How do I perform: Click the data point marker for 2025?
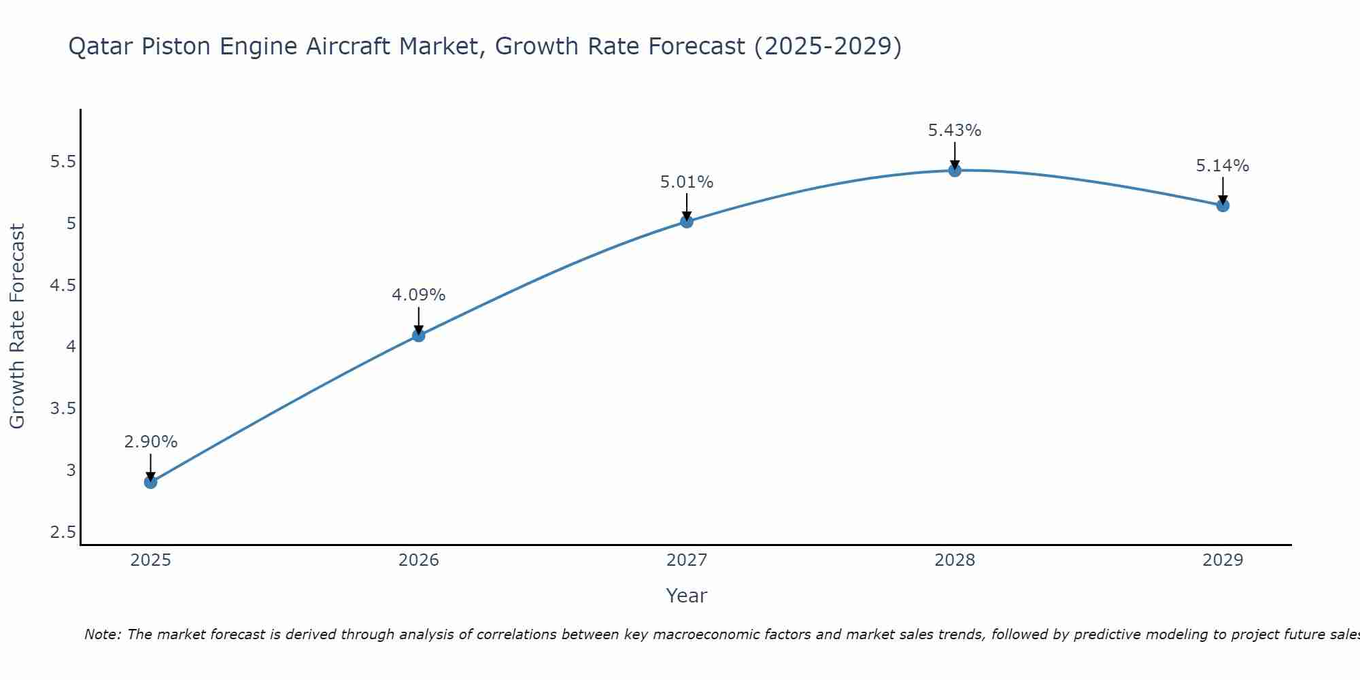[x=150, y=482]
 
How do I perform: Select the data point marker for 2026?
[x=418, y=335]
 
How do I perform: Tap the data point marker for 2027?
[x=686, y=221]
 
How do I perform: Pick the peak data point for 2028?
[x=954, y=170]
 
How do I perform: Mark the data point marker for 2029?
[x=1222, y=205]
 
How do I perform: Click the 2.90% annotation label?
[x=150, y=442]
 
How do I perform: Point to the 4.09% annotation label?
[x=418, y=295]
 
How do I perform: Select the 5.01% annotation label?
[x=686, y=182]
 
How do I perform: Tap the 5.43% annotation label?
[x=954, y=131]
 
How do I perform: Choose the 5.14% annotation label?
[x=1222, y=166]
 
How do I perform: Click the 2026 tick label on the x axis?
[x=418, y=560]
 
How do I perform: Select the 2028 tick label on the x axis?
[x=954, y=560]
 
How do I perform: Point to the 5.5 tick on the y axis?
[x=63, y=162]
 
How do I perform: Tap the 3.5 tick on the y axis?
[x=63, y=409]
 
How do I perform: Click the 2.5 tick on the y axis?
[x=63, y=532]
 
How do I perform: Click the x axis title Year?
[x=686, y=596]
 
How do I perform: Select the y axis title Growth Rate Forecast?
[x=17, y=326]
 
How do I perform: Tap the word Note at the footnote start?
[x=102, y=634]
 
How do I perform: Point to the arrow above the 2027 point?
[x=686, y=206]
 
